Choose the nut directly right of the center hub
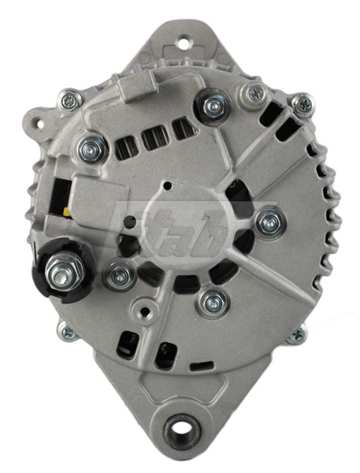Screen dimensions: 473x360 point(269,222)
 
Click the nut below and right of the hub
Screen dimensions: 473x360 point(211,300)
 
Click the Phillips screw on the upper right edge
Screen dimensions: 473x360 point(302,102)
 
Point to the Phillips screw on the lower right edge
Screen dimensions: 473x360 point(296,335)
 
